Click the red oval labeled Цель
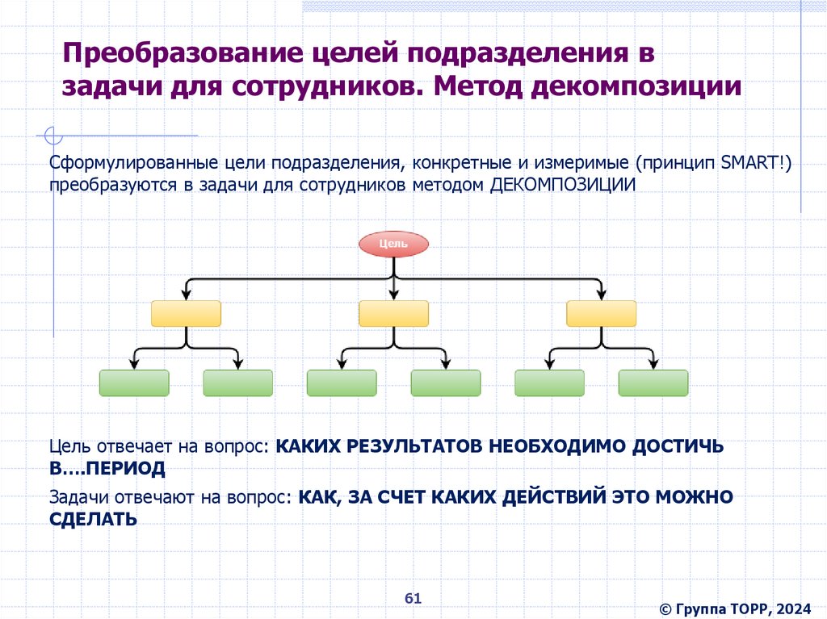393,243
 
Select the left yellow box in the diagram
186,313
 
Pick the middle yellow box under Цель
393,313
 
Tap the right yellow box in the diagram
601,313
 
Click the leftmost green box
134,383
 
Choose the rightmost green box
653,383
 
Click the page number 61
413,598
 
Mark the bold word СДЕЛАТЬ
93,519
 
